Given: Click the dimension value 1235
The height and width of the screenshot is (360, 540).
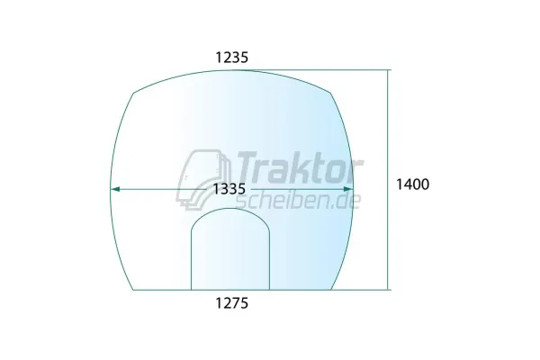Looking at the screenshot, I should [231, 57].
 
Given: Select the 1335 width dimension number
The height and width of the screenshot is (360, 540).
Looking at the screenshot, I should [230, 189].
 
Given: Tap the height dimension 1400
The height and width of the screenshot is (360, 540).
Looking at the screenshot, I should [413, 184].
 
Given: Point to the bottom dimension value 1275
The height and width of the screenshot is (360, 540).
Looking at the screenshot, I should [231, 303].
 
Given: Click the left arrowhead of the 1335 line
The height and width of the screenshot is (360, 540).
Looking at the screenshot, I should [112, 189].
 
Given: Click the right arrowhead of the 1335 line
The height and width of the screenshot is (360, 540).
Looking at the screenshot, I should [349, 189].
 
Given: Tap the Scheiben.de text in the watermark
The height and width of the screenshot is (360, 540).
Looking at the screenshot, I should [297, 197].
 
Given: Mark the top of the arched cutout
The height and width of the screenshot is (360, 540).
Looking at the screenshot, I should [231, 210].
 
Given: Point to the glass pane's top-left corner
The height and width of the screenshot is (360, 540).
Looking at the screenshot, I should [133, 92].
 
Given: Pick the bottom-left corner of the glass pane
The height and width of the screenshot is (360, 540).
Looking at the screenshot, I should [133, 290].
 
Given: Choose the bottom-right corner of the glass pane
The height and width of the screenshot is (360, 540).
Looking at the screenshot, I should [331, 290].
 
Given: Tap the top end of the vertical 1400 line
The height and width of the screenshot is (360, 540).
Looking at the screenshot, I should [389, 70].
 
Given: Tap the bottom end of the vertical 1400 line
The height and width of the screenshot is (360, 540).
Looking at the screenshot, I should [389, 290].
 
